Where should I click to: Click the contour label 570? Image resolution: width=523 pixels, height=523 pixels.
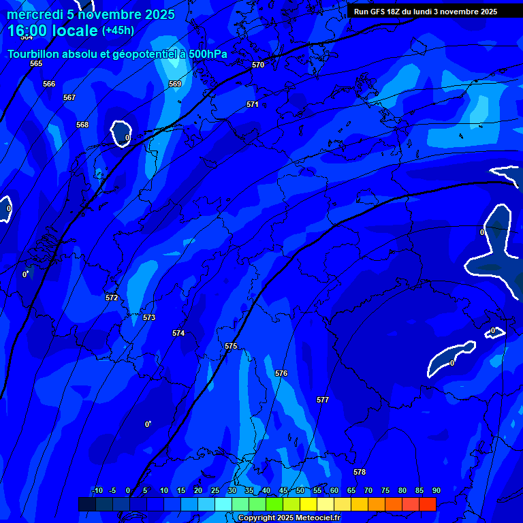pyautogui.click(x=257, y=65)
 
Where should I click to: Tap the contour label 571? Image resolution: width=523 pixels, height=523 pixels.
pyautogui.click(x=253, y=104)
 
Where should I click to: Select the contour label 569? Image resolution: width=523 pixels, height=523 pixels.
pyautogui.click(x=175, y=84)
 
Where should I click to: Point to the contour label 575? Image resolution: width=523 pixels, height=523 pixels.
pyautogui.click(x=231, y=347)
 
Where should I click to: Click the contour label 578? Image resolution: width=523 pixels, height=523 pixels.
pyautogui.click(x=360, y=472)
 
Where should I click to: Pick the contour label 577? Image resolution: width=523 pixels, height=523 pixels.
pyautogui.click(x=323, y=400)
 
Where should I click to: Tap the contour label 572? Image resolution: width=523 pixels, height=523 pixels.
pyautogui.click(x=112, y=298)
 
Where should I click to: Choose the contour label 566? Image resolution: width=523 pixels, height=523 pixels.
pyautogui.click(x=49, y=84)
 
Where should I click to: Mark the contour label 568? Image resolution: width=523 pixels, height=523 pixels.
pyautogui.click(x=82, y=125)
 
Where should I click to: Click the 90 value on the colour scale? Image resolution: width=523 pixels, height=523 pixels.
pyautogui.click(x=436, y=490)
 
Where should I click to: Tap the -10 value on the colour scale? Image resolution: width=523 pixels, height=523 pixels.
pyautogui.click(x=97, y=490)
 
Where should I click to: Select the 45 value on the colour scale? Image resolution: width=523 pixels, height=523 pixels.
pyautogui.click(x=283, y=490)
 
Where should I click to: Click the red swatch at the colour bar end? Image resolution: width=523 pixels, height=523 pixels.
pyautogui.click(x=428, y=504)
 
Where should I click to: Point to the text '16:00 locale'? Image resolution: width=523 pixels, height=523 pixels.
pyautogui.click(x=52, y=31)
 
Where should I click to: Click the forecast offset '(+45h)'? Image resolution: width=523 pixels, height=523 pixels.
pyautogui.click(x=118, y=31)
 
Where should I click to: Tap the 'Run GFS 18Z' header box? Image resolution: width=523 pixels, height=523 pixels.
pyautogui.click(x=426, y=12)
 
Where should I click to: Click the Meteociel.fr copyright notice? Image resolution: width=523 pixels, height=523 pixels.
pyautogui.click(x=289, y=518)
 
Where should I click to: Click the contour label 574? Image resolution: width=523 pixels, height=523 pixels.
pyautogui.click(x=178, y=333)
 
